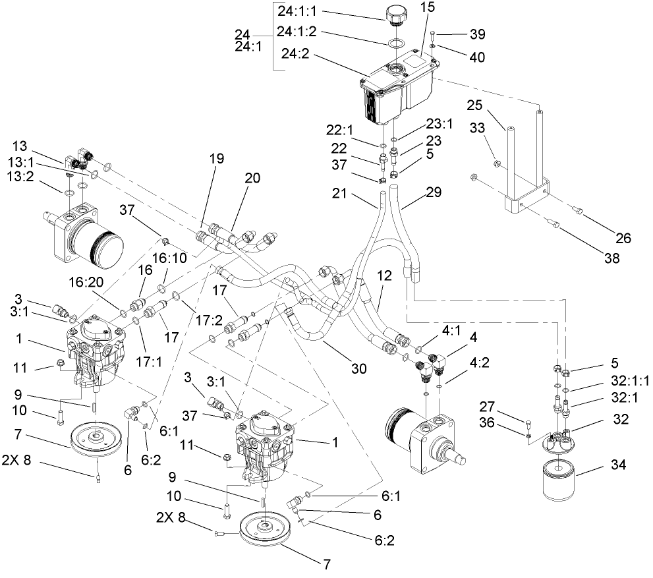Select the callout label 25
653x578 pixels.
475,105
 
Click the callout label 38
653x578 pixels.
613,259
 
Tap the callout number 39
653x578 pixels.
476,34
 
